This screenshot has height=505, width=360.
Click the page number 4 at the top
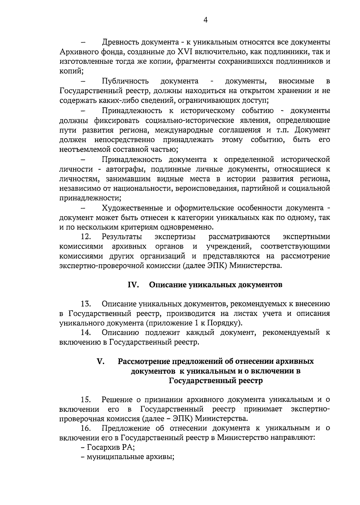point(205,20)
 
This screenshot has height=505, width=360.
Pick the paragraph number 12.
point(86,237)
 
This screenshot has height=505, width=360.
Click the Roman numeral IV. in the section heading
point(133,285)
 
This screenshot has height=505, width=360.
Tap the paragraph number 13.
point(86,304)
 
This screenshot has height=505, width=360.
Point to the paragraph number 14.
point(86,333)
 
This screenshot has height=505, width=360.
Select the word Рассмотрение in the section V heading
point(144,362)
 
